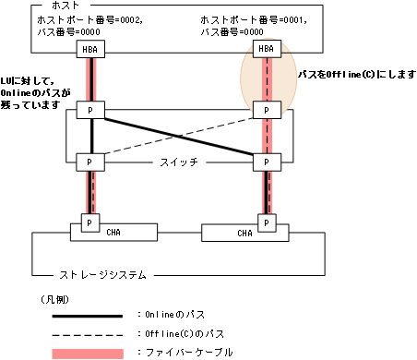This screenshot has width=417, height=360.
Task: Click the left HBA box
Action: [89, 49]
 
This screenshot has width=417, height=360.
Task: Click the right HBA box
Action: [266, 49]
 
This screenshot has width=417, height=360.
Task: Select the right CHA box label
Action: [244, 234]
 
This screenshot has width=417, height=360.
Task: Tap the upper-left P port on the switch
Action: [89, 111]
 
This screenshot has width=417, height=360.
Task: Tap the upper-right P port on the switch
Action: [266, 111]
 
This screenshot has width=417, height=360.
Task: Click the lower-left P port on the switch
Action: [89, 161]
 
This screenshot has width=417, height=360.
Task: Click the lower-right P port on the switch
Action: [266, 161]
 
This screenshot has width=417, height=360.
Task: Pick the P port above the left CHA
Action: [89, 222]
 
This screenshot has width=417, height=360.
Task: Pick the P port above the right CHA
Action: [266, 222]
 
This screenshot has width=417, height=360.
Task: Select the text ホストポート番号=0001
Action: [254, 20]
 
